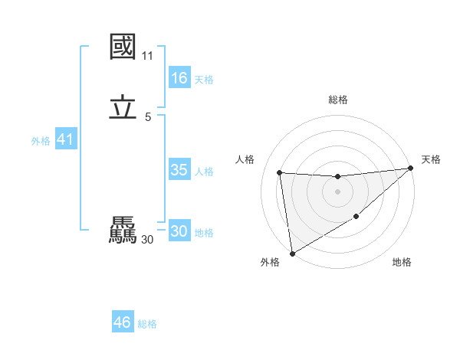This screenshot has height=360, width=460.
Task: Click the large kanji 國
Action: tap(123, 47)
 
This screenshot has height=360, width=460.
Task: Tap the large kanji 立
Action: tap(123, 108)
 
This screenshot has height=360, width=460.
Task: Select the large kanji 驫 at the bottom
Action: tap(123, 231)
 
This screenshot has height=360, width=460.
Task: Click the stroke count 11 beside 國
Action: tap(147, 56)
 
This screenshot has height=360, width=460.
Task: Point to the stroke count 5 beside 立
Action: tap(147, 116)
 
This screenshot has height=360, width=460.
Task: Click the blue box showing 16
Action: tap(179, 78)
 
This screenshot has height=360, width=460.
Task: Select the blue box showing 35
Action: tap(179, 170)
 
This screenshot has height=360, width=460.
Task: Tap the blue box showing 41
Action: tap(65, 140)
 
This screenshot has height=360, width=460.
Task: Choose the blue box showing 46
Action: tap(122, 322)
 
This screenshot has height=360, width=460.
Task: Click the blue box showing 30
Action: tap(179, 231)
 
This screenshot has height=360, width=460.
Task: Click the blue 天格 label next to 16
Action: tap(204, 80)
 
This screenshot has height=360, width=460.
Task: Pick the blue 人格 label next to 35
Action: tap(204, 172)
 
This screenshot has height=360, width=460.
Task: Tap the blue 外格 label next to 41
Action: tap(41, 141)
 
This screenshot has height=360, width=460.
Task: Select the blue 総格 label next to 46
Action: tap(147, 324)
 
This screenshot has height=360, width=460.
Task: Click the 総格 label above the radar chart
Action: tap(338, 100)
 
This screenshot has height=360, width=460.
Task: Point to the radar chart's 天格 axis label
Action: tap(431, 159)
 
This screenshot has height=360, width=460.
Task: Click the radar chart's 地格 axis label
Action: tap(402, 263)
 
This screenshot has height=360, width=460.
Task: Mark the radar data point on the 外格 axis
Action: tap(291, 254)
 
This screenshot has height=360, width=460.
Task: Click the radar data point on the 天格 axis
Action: tap(410, 169)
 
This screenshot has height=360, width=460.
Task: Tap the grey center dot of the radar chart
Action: tap(337, 191)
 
